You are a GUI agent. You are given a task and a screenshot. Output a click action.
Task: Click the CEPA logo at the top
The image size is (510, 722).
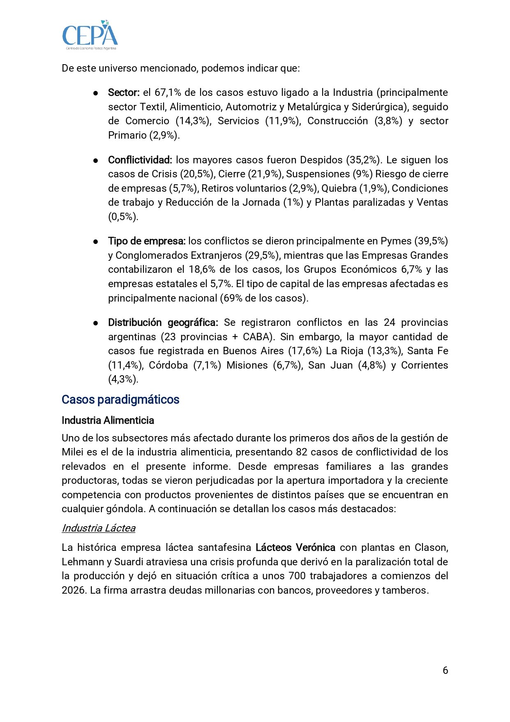click(x=90, y=35)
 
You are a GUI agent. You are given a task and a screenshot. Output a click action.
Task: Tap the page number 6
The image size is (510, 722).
click(x=445, y=670)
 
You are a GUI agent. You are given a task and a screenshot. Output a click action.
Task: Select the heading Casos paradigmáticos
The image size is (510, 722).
click(x=120, y=399)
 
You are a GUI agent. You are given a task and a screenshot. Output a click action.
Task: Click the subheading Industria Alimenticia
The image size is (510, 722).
click(x=108, y=420)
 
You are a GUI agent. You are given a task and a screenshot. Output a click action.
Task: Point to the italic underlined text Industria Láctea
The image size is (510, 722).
click(x=99, y=528)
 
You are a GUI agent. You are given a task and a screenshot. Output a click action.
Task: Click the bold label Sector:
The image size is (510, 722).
click(x=124, y=93)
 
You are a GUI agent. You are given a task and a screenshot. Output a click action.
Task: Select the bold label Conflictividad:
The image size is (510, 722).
click(x=140, y=160)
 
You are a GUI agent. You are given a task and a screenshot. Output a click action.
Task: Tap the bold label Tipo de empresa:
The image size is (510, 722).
click(x=147, y=241)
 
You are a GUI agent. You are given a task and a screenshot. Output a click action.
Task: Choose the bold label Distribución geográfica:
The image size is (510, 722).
click(x=163, y=323)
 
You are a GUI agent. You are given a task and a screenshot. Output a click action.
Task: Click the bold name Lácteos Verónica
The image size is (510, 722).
click(x=295, y=548)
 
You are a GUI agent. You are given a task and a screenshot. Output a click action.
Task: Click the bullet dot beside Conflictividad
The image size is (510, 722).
click(x=95, y=160)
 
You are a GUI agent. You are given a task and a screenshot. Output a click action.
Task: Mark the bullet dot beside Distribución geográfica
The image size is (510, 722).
click(x=95, y=323)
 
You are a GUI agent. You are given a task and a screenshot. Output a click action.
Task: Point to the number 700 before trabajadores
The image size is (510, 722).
click(x=297, y=576)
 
